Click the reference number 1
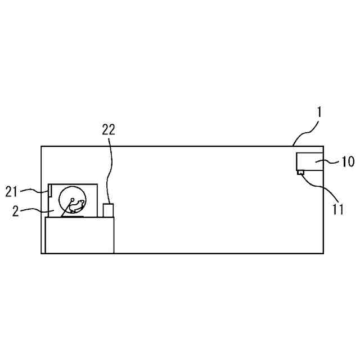[318, 112]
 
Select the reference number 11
[338, 210]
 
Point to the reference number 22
[109, 129]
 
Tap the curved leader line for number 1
[307, 133]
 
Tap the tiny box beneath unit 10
[300, 173]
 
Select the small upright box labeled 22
[109, 210]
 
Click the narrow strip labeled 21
[51, 191]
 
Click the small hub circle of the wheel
[72, 199]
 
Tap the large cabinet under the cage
[79, 235]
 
